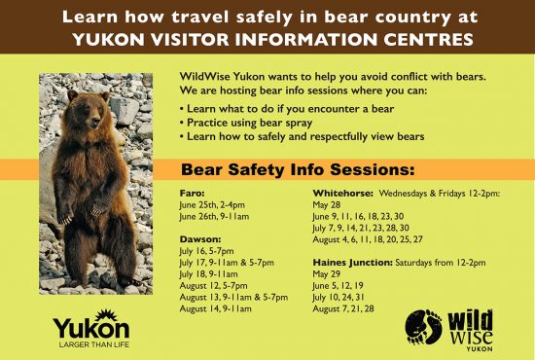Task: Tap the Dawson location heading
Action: pos(199,237)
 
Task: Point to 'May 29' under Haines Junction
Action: pos(326,273)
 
